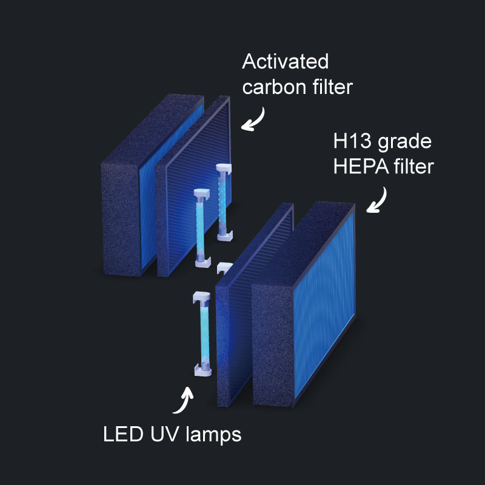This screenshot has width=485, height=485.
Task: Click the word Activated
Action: pos(285,62)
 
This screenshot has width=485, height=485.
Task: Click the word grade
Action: pos(406,143)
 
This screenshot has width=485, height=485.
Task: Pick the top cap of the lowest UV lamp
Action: pos(201,296)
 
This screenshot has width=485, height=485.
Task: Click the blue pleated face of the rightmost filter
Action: pos(325,303)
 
